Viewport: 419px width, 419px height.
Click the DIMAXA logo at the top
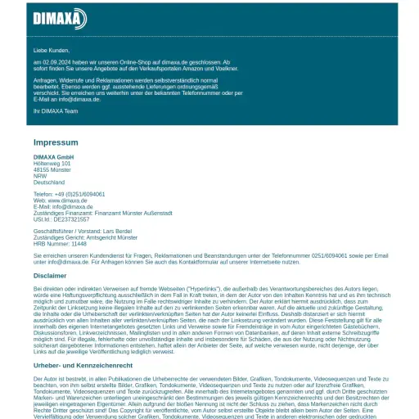[60, 18]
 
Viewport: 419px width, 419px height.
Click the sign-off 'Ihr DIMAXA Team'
[56, 110]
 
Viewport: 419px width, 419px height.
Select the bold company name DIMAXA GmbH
[54, 157]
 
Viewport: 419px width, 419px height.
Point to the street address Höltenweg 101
[52, 164]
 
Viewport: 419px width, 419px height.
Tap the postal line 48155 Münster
[52, 169]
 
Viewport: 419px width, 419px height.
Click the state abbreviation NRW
[40, 176]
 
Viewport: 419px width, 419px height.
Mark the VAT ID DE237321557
[72, 219]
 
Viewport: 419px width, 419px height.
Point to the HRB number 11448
[79, 244]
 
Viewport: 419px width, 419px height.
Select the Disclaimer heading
[50, 276]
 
